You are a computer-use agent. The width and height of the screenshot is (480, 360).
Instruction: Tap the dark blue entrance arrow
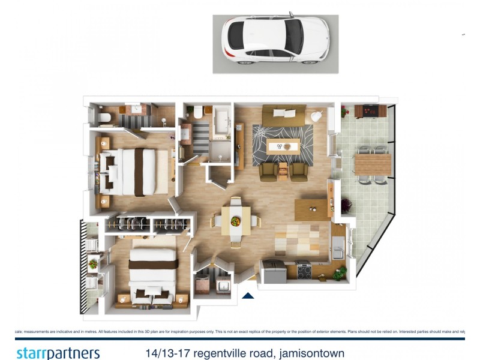[x=247, y=295]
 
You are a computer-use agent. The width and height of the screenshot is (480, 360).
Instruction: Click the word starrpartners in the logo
[x=58, y=352]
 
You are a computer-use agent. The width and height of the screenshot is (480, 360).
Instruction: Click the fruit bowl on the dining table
[x=235, y=221]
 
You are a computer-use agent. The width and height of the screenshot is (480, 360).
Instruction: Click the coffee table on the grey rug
[x=283, y=146]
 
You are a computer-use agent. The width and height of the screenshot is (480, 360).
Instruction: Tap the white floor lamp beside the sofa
[x=317, y=115]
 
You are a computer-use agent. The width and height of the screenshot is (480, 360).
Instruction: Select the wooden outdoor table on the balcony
[x=372, y=164]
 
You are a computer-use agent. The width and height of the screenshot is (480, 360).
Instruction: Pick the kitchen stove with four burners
[x=303, y=271]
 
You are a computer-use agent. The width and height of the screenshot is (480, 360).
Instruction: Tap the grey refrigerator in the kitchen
[x=273, y=273]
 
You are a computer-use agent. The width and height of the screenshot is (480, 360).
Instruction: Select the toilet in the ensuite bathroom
[x=104, y=117]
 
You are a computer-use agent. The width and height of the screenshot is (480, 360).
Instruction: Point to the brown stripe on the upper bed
[x=139, y=172]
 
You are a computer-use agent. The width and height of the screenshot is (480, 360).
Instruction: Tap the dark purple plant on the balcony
[x=347, y=206]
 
